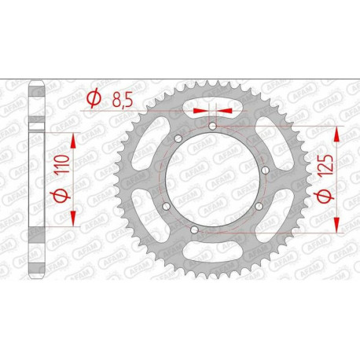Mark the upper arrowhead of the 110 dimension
click(x=73, y=138)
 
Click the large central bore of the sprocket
click(x=213, y=178)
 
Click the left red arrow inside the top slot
click(x=200, y=111)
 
